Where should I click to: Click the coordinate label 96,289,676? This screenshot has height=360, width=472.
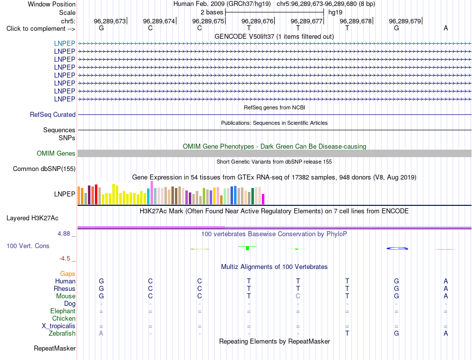point(257,21)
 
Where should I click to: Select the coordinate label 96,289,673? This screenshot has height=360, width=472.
point(110,21)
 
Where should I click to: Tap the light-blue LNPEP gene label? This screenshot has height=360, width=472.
point(65,43)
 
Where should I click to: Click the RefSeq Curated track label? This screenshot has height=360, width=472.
point(53,114)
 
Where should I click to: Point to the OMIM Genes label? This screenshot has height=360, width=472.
point(56,153)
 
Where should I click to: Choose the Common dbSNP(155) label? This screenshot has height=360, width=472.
point(44,169)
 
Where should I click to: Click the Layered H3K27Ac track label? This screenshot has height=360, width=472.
point(32,218)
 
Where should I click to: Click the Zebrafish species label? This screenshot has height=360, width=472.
point(62,334)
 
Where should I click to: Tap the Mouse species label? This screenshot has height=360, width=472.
point(66,296)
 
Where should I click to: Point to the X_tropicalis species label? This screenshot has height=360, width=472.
point(59,326)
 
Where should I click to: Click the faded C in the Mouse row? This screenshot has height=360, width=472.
point(298,296)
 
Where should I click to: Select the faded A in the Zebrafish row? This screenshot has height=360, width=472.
point(101,334)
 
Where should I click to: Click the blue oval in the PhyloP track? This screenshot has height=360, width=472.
point(397,248)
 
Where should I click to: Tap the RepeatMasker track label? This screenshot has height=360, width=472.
point(55,348)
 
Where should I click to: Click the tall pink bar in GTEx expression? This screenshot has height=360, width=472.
point(152,193)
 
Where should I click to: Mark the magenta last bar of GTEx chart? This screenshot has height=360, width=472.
point(263,199)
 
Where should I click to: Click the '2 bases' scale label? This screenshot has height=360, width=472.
point(212,12)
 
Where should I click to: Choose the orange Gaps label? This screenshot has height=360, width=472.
point(68,273)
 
